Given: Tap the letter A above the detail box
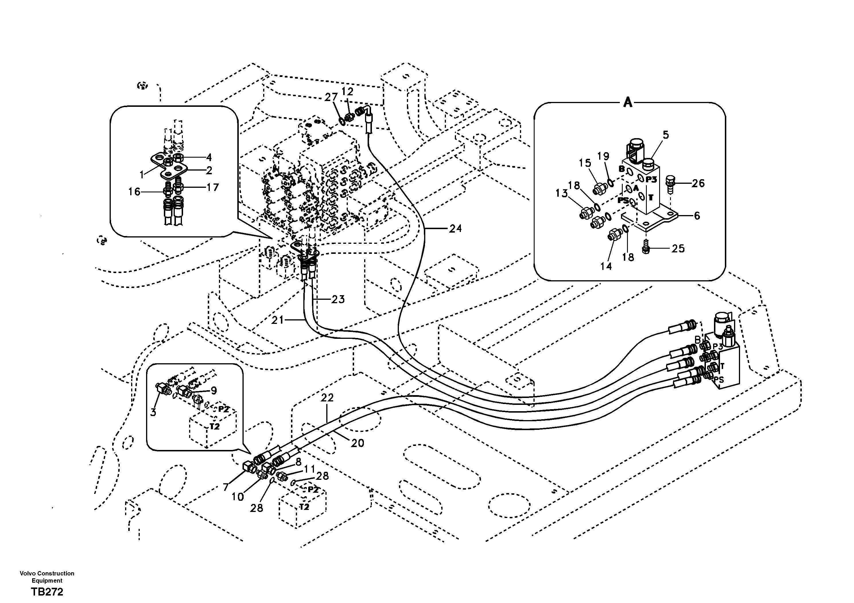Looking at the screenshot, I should [628, 102].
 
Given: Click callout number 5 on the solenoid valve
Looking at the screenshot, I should [665, 135].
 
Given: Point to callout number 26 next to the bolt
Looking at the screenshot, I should [698, 183].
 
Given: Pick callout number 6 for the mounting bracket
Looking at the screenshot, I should [697, 216].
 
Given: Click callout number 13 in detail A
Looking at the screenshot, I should [562, 193].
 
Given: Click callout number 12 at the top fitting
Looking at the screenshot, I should [348, 92].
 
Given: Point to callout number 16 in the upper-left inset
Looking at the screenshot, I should [134, 192].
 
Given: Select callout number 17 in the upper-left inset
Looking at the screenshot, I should [213, 187].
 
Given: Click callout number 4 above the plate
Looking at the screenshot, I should [209, 157].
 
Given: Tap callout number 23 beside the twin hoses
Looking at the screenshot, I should [338, 299].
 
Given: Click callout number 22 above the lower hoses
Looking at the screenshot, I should [327, 398].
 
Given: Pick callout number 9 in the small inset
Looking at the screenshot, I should [214, 391].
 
